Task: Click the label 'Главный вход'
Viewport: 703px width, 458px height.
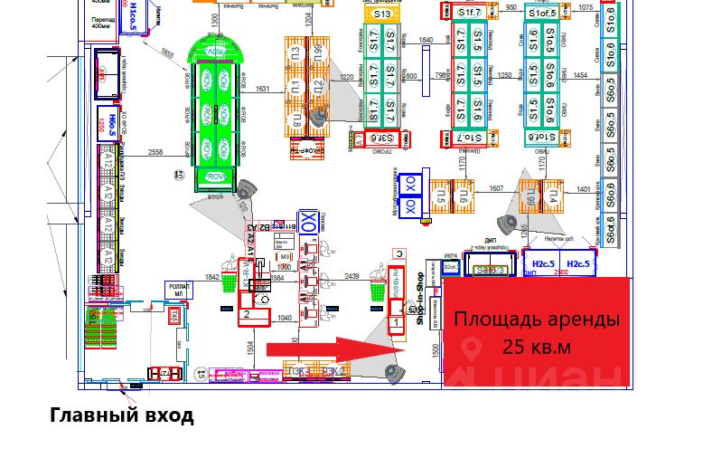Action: point(121,415)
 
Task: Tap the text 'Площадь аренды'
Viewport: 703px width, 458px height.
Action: point(537,319)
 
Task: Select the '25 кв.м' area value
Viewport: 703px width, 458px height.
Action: point(537,348)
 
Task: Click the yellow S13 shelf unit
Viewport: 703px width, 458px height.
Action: point(382,14)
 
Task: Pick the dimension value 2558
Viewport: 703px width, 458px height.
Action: point(155,154)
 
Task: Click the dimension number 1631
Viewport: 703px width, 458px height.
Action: point(262,89)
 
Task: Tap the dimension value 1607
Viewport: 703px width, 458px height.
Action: point(496,189)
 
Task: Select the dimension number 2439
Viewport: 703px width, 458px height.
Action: point(352,276)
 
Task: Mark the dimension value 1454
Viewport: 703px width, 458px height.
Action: point(580,75)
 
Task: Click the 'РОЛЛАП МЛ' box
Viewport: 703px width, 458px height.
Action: point(179,289)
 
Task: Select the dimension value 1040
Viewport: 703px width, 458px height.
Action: point(285,318)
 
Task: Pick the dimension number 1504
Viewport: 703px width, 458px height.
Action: point(250,350)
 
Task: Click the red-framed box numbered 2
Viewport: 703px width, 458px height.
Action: point(247,315)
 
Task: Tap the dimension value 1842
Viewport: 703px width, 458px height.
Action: point(213,278)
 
